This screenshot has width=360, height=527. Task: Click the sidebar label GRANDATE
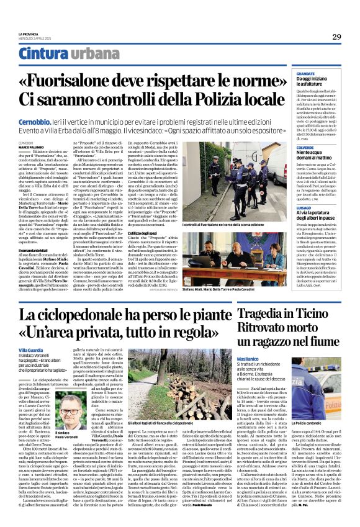coord(297,73)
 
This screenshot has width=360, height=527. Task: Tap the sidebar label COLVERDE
coord(298,147)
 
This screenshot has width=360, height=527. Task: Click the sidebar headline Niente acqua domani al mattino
coord(310,157)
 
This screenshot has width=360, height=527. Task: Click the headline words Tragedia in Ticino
coord(295,313)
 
